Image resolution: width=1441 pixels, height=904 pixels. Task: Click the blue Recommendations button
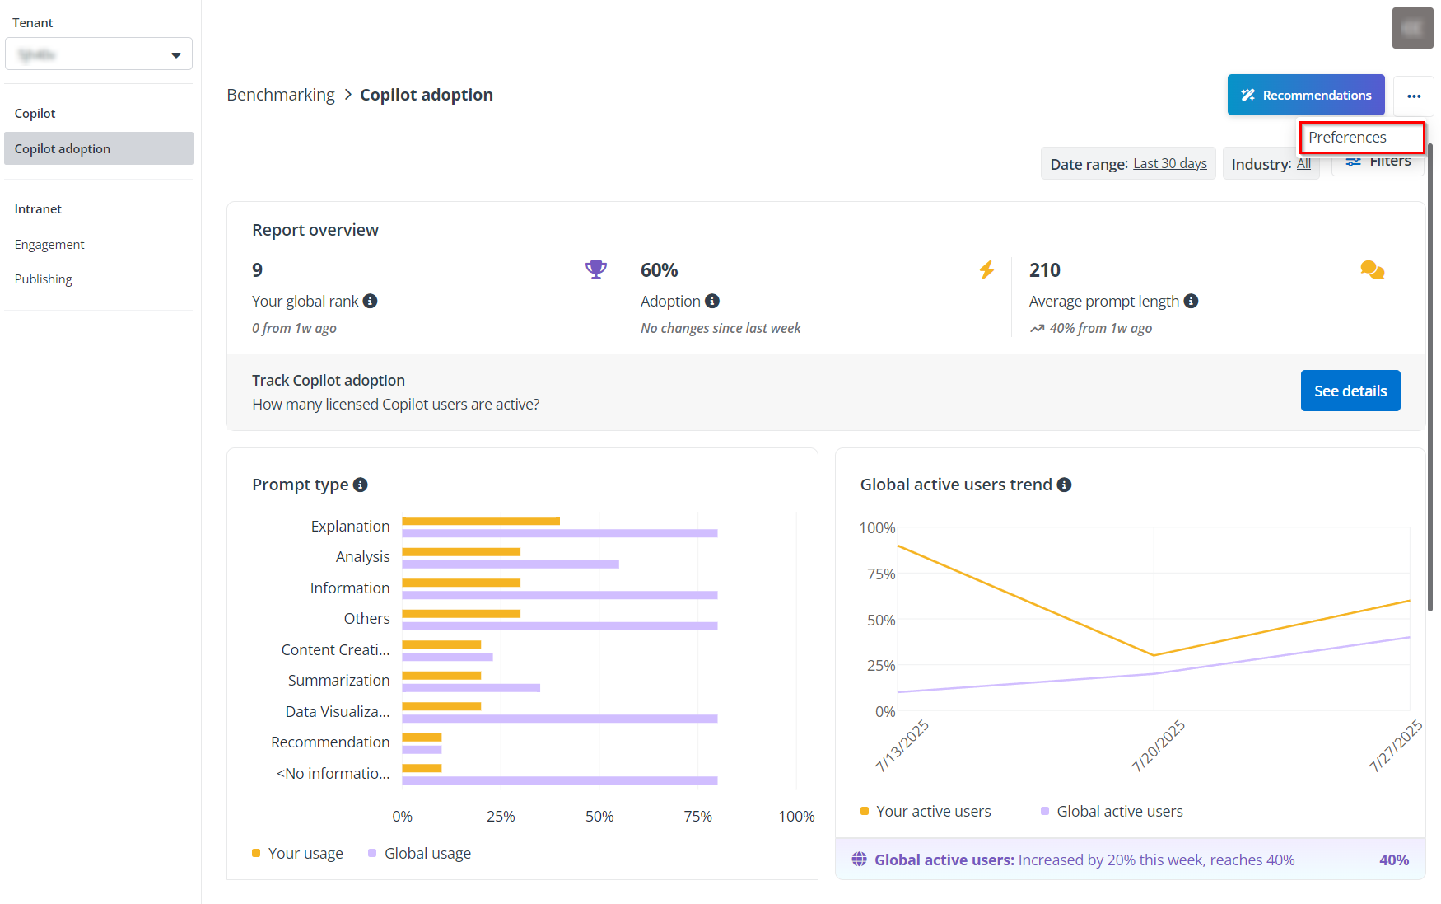click(1305, 95)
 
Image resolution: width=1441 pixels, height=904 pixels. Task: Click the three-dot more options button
click(1414, 96)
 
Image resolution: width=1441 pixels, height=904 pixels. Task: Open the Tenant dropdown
click(99, 54)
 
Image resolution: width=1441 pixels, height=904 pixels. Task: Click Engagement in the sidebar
click(49, 245)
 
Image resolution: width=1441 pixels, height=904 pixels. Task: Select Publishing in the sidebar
click(44, 279)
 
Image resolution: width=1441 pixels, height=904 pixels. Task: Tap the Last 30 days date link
click(1169, 163)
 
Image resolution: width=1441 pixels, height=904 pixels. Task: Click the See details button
click(1350, 391)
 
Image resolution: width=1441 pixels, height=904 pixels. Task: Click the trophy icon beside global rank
click(595, 269)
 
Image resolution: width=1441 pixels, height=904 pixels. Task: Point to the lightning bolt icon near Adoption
click(986, 269)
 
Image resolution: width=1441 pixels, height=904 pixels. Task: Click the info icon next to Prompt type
click(360, 485)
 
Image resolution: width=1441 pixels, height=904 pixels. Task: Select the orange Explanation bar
click(481, 521)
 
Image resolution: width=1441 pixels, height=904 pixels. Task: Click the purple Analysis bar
click(510, 564)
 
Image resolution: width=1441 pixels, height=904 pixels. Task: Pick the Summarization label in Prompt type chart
click(338, 681)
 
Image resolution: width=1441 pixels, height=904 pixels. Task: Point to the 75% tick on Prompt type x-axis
click(697, 816)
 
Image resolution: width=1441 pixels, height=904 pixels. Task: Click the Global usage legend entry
click(427, 854)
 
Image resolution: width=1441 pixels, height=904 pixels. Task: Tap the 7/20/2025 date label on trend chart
click(1158, 745)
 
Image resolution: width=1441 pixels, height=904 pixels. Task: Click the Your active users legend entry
click(932, 812)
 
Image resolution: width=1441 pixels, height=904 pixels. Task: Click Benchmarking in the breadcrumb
click(281, 95)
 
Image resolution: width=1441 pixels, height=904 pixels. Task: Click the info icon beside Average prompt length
click(1191, 302)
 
